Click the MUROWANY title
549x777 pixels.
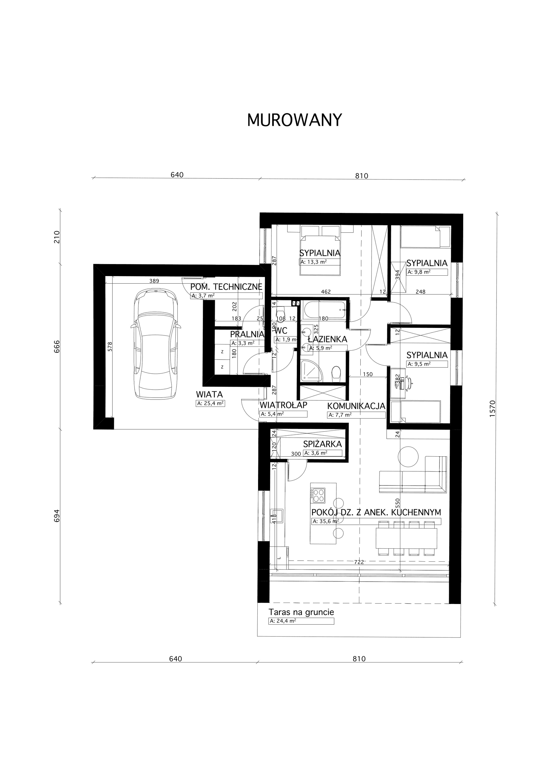(294, 120)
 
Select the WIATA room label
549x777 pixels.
(209, 395)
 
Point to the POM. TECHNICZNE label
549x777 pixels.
(226, 287)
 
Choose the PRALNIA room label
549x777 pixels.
(247, 334)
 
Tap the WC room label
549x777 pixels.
(281, 331)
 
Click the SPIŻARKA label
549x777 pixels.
(322, 444)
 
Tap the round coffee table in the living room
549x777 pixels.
(408, 456)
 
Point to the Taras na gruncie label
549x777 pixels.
(301, 612)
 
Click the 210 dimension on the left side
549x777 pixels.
(57, 237)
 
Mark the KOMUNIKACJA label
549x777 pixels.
(356, 406)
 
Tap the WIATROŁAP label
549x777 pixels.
(283, 405)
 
